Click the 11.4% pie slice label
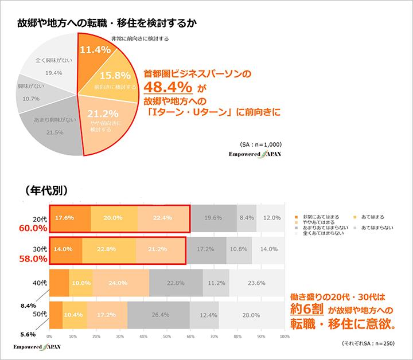pos(95,50)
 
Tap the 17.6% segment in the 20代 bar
pos(65,218)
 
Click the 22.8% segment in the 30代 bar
pos(109,250)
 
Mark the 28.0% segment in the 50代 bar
pos(251,315)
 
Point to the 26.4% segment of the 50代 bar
pos(158,315)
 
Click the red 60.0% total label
pos(32,228)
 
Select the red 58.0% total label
pos(32,259)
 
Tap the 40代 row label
pos(38,282)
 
